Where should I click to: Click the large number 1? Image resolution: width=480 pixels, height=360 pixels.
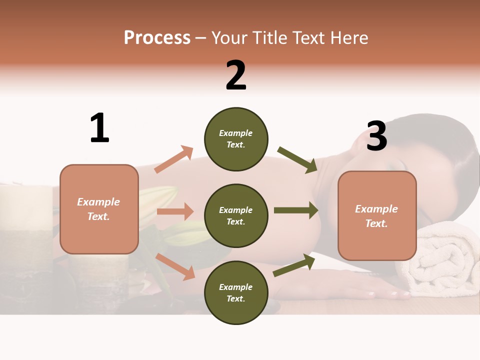click(99, 128)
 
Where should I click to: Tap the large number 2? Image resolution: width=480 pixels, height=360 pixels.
click(236, 75)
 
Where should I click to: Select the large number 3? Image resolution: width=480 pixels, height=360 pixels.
click(376, 136)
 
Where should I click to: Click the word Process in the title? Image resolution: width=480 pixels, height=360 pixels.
click(157, 37)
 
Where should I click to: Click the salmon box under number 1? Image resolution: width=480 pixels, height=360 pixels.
click(99, 209)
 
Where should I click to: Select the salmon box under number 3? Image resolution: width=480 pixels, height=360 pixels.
click(377, 215)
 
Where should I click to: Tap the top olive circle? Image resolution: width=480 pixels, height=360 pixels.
click(236, 139)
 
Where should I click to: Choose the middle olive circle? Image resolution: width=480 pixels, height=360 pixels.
click(236, 215)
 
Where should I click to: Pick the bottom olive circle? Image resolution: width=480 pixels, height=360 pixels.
click(236, 292)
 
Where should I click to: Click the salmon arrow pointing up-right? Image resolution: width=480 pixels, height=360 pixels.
click(173, 159)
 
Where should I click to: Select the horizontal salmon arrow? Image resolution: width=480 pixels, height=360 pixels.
click(175, 211)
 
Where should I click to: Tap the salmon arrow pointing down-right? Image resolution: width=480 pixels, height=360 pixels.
click(175, 266)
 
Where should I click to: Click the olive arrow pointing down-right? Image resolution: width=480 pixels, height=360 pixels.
click(297, 160)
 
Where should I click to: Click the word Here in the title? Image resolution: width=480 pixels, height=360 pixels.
click(348, 37)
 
